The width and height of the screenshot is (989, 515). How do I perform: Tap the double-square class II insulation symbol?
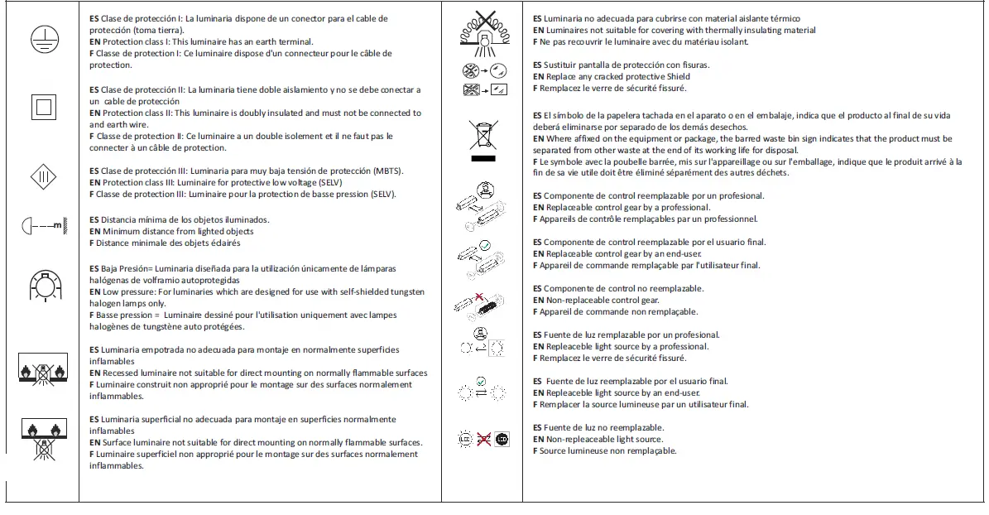(x=42, y=107)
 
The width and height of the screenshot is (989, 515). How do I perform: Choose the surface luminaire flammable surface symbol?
(x=42, y=437)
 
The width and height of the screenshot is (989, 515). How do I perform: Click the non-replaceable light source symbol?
(x=482, y=439)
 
